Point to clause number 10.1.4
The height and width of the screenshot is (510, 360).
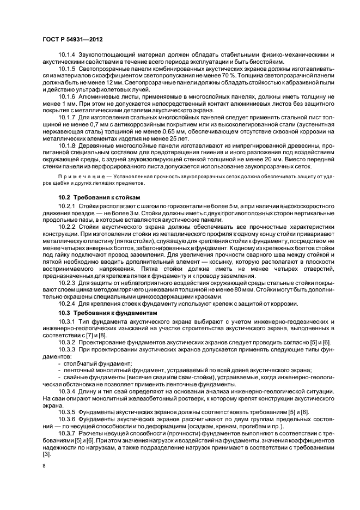pos(67,55)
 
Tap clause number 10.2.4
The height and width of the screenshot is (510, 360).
pos(67,304)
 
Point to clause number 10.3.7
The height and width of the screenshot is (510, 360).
pos(67,435)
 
